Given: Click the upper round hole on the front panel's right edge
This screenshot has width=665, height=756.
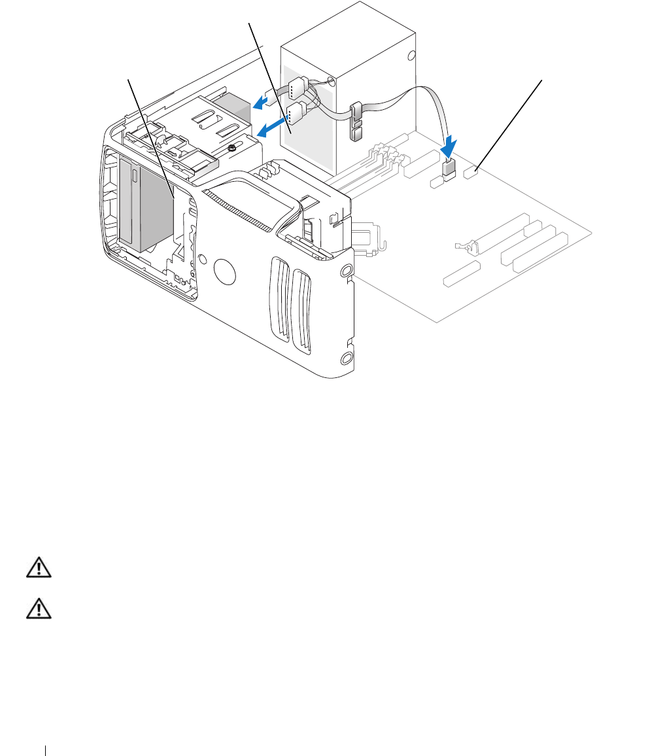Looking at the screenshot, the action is [347, 269].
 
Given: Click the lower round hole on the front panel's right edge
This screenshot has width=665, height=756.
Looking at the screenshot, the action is [347, 357].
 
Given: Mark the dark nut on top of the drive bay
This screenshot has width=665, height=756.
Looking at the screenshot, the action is [232, 148].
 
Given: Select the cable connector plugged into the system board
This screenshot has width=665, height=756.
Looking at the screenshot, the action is [449, 169].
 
